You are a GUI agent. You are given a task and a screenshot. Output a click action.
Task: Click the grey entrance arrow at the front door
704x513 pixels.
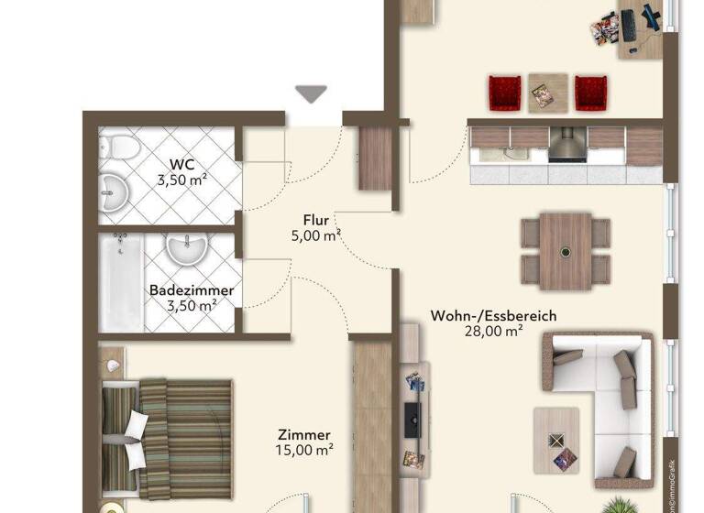click(312, 93)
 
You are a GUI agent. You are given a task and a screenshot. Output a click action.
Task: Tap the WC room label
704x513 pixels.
click(181, 165)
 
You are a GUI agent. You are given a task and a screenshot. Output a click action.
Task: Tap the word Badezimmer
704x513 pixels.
click(192, 290)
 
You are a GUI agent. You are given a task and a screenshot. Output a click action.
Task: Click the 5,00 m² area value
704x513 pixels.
click(312, 235)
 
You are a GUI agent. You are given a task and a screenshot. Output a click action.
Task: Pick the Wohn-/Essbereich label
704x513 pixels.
click(493, 316)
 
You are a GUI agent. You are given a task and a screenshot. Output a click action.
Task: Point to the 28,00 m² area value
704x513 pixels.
click(493, 332)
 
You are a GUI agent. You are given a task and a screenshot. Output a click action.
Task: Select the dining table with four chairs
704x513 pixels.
click(566, 250)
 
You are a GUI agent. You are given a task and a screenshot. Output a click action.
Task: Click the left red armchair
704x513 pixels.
click(504, 93)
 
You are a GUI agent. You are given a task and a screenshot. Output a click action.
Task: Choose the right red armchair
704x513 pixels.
click(590, 93)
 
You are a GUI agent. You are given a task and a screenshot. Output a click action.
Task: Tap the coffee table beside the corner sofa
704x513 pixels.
click(556, 441)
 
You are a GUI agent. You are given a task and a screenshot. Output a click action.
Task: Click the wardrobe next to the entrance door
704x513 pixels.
click(375, 158)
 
